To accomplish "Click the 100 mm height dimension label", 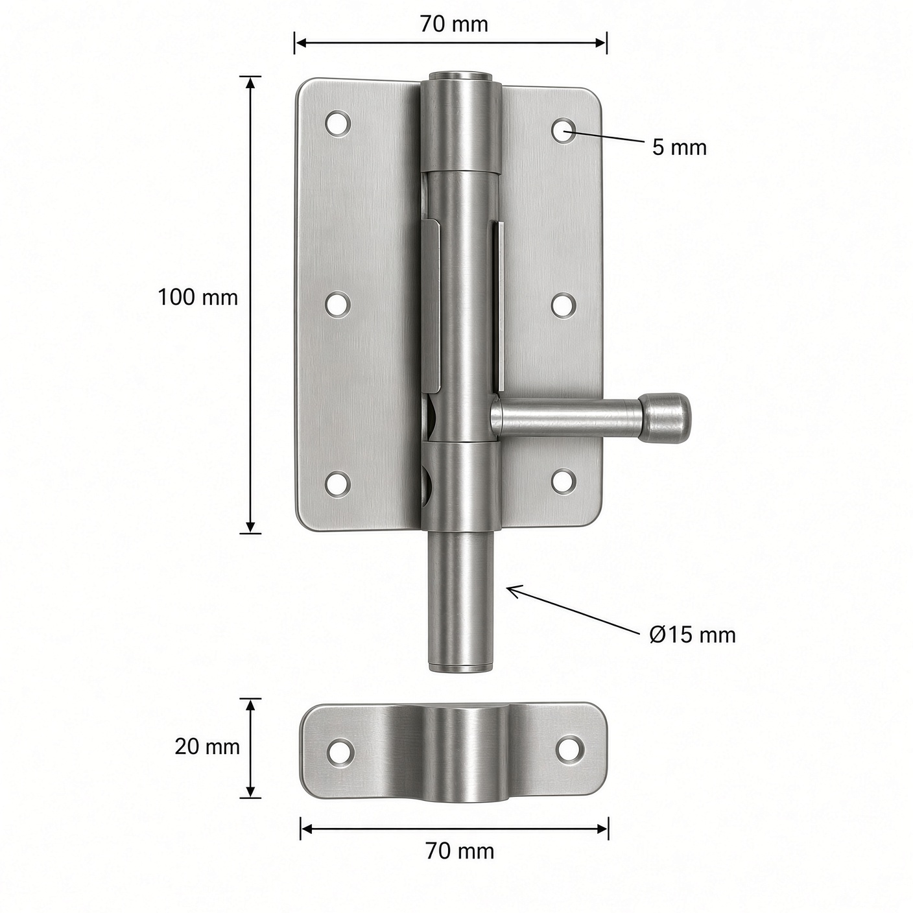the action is tap(198, 298).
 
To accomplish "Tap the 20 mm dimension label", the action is tap(207, 747).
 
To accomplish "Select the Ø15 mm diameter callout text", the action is tap(693, 635).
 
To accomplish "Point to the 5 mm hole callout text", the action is tap(679, 147).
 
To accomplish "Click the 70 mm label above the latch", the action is tap(454, 24).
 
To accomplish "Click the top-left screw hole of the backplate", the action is tap(338, 124).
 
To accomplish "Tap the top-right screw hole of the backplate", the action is tap(563, 131).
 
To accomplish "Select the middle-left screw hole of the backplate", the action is tap(338, 305).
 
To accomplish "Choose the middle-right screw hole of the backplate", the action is tap(563, 305).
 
